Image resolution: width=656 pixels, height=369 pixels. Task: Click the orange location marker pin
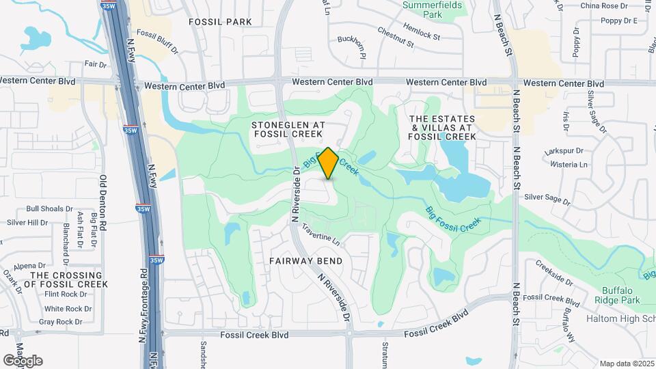329,163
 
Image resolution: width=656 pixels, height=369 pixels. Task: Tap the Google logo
23,361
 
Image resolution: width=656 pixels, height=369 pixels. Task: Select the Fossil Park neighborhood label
220,22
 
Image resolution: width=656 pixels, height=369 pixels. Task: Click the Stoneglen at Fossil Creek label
288,130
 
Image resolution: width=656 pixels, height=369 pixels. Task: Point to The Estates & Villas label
441,128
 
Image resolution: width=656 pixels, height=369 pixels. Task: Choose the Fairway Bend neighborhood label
305,261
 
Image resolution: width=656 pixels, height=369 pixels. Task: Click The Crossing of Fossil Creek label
66,279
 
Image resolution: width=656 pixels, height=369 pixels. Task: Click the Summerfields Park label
432,9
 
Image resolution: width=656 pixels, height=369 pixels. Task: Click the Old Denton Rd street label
104,202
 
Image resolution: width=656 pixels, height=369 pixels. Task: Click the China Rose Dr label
603,6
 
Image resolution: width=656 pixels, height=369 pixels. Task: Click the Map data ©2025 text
627,364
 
